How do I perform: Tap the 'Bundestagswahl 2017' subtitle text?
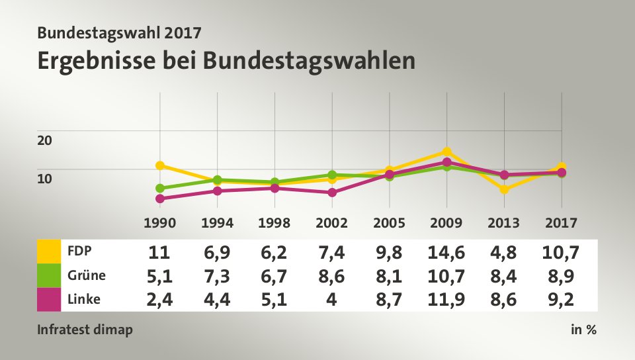click(x=119, y=31)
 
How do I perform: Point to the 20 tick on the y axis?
click(x=44, y=140)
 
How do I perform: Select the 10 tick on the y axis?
click(x=44, y=178)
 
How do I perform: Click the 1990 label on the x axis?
click(x=160, y=223)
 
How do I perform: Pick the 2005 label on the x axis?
click(x=390, y=223)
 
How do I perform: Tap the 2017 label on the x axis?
click(x=562, y=223)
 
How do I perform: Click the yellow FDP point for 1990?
click(x=160, y=165)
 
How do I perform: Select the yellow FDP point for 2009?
click(x=447, y=152)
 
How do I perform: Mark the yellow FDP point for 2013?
click(x=505, y=189)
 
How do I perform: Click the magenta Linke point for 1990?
click(x=160, y=199)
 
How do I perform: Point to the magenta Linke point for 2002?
click(x=332, y=193)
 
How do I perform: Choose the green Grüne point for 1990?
click(x=160, y=188)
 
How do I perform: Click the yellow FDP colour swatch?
click(x=49, y=251)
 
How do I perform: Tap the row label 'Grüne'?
click(x=87, y=275)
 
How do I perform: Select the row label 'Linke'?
click(x=84, y=299)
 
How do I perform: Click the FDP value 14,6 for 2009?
click(x=447, y=251)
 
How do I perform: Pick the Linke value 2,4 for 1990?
click(x=160, y=299)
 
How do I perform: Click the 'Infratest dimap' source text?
click(x=85, y=330)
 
